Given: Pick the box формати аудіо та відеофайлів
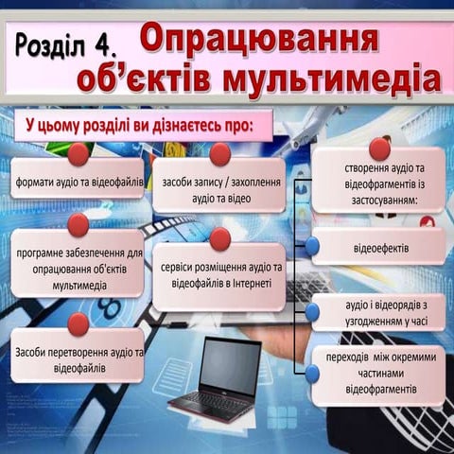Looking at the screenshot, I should [x=79, y=180].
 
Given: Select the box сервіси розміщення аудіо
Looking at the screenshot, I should [x=220, y=275].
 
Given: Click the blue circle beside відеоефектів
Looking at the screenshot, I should [x=312, y=246].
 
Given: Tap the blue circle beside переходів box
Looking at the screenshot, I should [x=312, y=374].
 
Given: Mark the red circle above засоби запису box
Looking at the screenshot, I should [x=220, y=154].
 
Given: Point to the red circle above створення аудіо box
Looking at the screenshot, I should [x=379, y=148].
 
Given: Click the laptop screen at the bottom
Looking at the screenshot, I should [x=230, y=366].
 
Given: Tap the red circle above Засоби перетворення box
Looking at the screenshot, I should [x=79, y=323].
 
